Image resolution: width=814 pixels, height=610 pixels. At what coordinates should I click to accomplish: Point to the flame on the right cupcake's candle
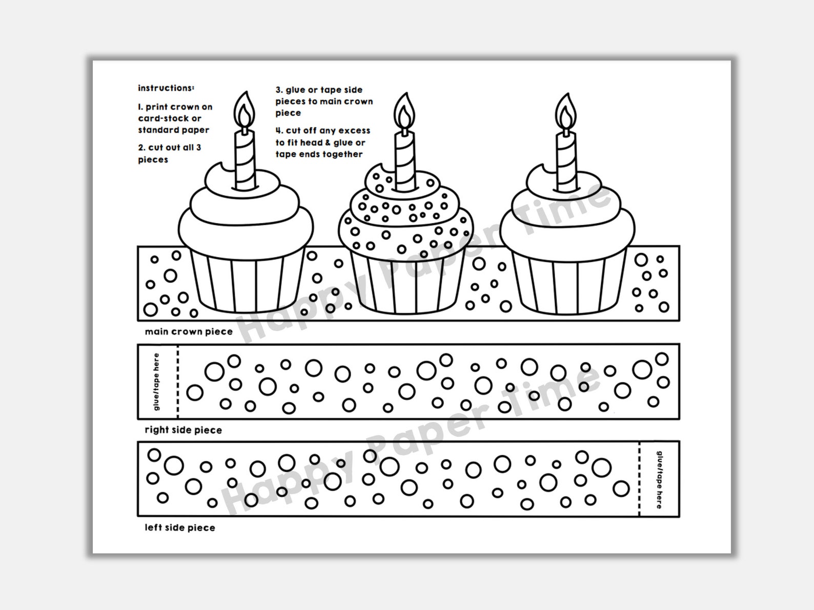(x=566, y=112)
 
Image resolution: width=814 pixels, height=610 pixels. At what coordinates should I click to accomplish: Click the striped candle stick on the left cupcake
(x=245, y=159)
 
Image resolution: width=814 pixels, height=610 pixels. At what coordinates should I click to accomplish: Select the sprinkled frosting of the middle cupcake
(x=405, y=215)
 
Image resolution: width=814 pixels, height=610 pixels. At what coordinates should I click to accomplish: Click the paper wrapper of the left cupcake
(x=245, y=282)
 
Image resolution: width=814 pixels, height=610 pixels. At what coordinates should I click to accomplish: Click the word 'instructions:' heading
(x=166, y=88)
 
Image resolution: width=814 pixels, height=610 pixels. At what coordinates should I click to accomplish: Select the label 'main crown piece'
(x=189, y=332)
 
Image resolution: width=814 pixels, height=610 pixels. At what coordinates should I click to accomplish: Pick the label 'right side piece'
(x=183, y=430)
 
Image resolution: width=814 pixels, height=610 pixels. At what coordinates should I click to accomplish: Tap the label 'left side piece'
(x=179, y=528)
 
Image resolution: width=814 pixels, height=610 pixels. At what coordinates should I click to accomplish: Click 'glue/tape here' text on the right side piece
(x=156, y=382)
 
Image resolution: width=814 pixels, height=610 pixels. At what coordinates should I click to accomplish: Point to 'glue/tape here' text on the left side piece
(x=660, y=479)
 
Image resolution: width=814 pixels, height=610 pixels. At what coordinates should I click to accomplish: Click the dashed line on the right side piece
(x=178, y=382)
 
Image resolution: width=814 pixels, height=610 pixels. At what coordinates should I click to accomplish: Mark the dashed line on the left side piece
(x=640, y=479)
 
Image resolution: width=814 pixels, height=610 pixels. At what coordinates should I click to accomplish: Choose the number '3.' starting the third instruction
(x=279, y=90)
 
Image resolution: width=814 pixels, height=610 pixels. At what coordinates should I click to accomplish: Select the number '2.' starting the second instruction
(x=142, y=148)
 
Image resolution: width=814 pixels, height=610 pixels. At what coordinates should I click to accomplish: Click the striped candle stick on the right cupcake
(x=566, y=159)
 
